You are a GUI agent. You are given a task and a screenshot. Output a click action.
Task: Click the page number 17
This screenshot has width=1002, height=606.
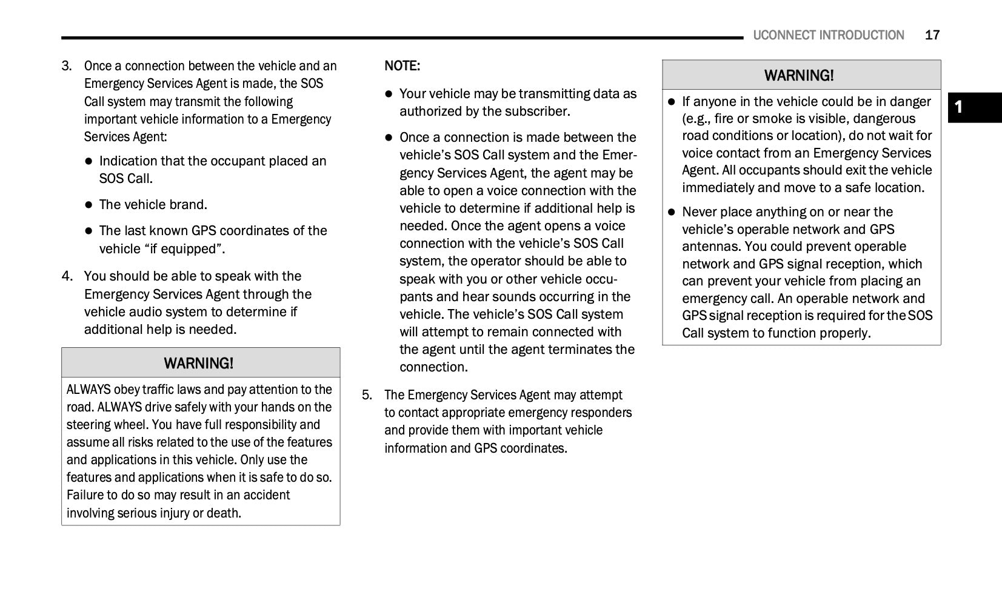click(x=932, y=35)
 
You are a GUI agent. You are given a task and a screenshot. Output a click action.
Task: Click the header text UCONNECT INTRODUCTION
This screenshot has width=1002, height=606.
click(x=828, y=35)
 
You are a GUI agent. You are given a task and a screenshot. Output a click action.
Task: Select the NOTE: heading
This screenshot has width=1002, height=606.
click(x=402, y=65)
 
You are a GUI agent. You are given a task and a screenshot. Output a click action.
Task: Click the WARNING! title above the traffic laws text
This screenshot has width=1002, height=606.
click(x=198, y=363)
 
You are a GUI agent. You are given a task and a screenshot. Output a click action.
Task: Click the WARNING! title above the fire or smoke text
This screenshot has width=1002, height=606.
click(x=799, y=75)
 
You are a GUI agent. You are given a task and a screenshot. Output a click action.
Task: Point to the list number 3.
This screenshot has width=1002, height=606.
click(x=66, y=65)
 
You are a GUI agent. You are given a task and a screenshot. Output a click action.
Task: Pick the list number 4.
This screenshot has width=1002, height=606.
click(x=67, y=276)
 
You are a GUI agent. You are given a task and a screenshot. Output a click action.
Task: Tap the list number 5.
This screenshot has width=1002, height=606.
click(x=367, y=395)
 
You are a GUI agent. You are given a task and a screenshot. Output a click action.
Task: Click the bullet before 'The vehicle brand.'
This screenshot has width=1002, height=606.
click(x=89, y=205)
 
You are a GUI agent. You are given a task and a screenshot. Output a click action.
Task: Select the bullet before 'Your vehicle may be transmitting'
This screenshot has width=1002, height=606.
click(x=389, y=94)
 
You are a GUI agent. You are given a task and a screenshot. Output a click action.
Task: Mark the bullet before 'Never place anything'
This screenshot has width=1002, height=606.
click(x=671, y=212)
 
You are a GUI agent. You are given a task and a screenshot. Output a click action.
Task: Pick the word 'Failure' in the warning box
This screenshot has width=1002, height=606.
click(x=85, y=495)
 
